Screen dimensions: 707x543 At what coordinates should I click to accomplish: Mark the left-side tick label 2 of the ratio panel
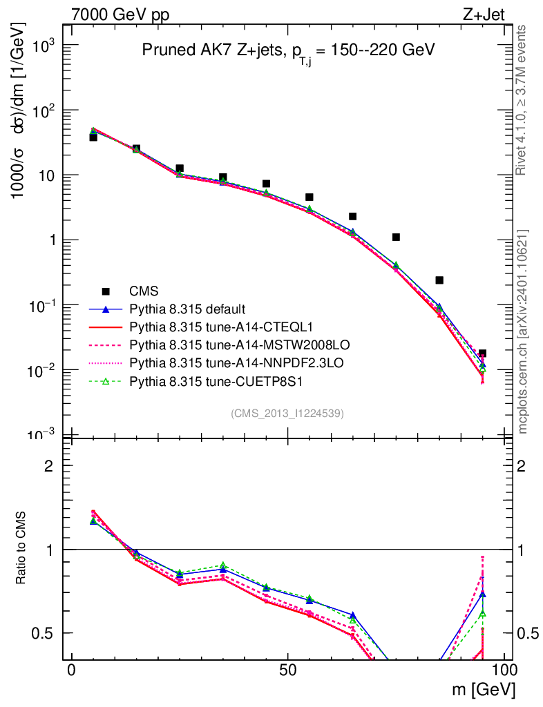[49, 466]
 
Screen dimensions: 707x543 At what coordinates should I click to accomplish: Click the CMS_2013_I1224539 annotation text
[287, 413]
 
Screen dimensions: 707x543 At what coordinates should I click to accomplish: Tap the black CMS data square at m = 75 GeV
[396, 238]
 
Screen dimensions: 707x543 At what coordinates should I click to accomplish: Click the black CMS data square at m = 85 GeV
[439, 280]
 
